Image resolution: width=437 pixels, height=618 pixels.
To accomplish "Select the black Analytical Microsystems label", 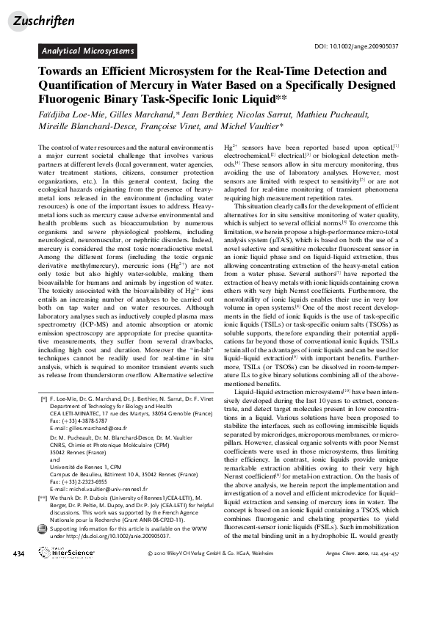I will (x=87, y=51).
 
